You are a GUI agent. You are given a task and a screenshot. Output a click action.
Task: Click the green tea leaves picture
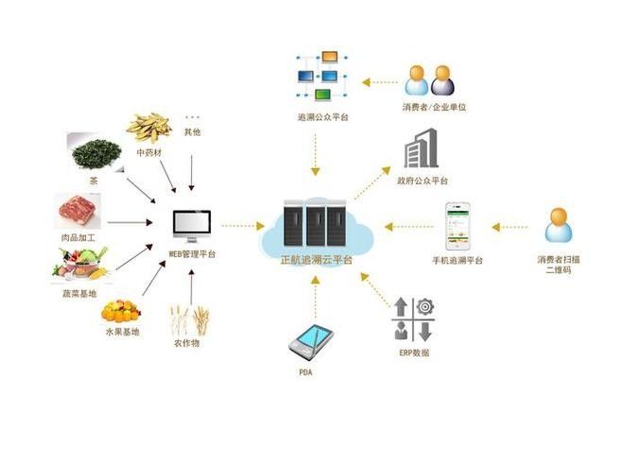pyautogui.click(x=96, y=153)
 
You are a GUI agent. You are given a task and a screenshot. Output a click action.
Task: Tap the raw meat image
pyautogui.click(x=78, y=211)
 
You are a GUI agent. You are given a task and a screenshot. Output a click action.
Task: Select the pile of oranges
pyautogui.click(x=121, y=311)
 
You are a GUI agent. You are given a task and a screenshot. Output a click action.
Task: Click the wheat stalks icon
pyautogui.click(x=189, y=320)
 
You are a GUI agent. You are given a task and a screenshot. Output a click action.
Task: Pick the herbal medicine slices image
pyautogui.click(x=148, y=128)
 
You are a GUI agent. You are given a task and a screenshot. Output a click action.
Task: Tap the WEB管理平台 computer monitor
pyautogui.click(x=192, y=226)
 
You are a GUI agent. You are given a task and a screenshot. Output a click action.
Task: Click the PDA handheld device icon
pyautogui.click(x=311, y=342)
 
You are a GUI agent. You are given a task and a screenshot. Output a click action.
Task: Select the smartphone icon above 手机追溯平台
pyautogui.click(x=458, y=227)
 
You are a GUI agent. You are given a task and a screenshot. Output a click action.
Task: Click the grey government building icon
pyautogui.click(x=421, y=148)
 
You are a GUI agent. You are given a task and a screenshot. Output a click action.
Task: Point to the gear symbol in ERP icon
pyautogui.click(x=425, y=306)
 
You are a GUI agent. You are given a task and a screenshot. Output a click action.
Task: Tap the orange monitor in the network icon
pyautogui.click(x=329, y=57)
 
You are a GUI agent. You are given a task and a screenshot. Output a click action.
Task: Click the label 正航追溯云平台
pyautogui.click(x=317, y=260)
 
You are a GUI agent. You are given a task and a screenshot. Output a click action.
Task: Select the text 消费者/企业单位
pyautogui.click(x=434, y=107)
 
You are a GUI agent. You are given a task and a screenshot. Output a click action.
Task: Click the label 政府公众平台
pyautogui.click(x=423, y=181)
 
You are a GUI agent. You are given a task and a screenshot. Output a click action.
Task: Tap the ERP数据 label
pyautogui.click(x=414, y=353)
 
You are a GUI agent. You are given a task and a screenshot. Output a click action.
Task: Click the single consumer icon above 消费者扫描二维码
pyautogui.click(x=559, y=225)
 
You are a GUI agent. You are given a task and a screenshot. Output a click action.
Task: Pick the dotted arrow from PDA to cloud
pyautogui.click(x=316, y=297)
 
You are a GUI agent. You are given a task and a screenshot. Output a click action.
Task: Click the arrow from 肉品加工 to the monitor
pyautogui.click(x=130, y=222)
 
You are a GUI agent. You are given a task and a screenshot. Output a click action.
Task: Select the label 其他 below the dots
pyautogui.click(x=192, y=132)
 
